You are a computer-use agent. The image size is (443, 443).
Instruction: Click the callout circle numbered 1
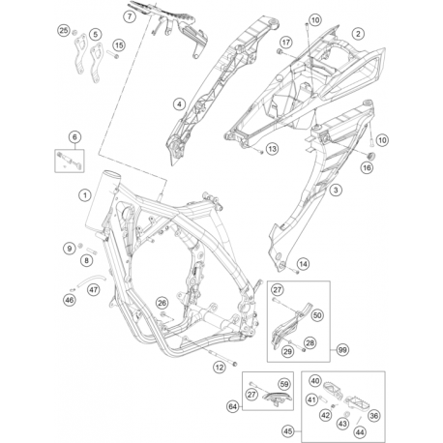85,195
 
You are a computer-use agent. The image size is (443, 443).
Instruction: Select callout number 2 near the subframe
358,34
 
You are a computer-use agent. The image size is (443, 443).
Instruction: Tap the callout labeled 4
179,103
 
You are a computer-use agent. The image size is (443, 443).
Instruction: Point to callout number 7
130,16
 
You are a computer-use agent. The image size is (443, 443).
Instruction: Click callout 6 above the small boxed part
74,137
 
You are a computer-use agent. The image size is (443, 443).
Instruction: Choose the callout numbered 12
220,367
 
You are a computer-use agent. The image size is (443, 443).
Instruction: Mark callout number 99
342,349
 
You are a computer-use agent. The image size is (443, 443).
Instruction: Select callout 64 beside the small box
233,406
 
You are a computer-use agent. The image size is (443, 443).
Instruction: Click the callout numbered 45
288,430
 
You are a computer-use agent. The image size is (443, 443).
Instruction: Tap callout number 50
317,315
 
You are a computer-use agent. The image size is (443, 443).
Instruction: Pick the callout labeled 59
284,384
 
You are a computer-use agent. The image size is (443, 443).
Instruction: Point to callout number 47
93,289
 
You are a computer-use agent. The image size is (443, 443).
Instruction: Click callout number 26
162,303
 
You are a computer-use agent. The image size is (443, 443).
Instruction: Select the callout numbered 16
367,167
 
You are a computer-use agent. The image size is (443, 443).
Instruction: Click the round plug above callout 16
371,156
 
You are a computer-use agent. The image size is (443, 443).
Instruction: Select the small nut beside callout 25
74,32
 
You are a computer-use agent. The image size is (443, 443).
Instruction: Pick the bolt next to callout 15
113,55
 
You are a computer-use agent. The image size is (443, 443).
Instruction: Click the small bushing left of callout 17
280,51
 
